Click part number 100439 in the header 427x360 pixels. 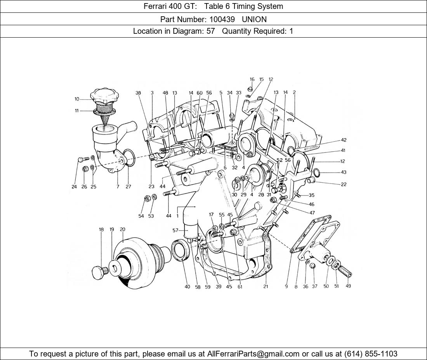pos(222,19)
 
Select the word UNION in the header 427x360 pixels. pos(254,19)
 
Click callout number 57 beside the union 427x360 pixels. pos(175,230)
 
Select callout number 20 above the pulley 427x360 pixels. pos(123,229)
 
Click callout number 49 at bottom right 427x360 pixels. pos(348,286)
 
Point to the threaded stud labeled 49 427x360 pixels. pos(345,271)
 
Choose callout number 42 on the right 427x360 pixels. pos(344,140)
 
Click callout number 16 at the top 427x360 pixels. pos(252,79)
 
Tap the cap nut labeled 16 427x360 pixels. pos(251,89)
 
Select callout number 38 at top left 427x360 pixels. pos(138,93)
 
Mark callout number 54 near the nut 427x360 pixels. pos(141,216)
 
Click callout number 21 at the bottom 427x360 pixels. pos(266,286)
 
